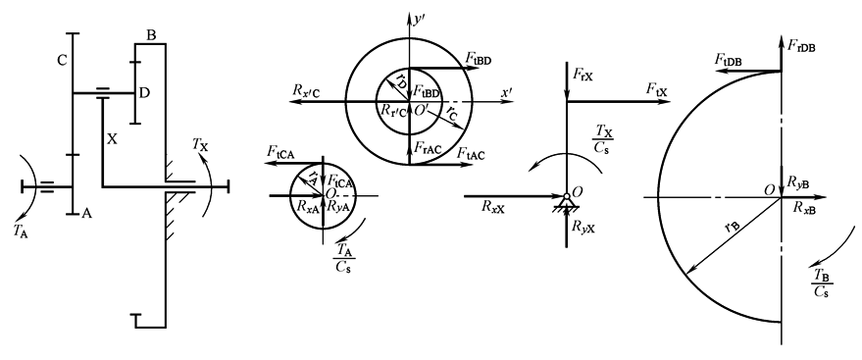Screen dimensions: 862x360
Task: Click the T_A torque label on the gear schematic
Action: click(x=22, y=231)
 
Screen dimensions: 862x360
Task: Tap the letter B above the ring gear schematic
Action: click(x=151, y=35)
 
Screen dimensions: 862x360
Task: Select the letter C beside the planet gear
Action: click(x=62, y=61)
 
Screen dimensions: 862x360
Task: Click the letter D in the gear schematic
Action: click(x=144, y=93)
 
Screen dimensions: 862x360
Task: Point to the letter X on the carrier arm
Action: click(x=112, y=139)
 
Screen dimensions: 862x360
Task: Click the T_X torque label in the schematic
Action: click(x=200, y=144)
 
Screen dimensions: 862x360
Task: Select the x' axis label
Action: click(x=507, y=93)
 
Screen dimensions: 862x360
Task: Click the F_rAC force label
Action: click(x=428, y=147)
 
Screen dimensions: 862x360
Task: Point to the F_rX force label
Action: click(x=583, y=76)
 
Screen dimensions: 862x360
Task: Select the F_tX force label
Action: click(x=657, y=89)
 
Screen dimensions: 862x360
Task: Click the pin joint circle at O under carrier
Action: click(x=566, y=196)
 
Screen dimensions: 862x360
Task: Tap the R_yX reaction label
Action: click(x=583, y=227)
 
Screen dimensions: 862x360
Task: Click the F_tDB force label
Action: click(x=729, y=60)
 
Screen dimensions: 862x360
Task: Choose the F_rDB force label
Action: click(x=801, y=46)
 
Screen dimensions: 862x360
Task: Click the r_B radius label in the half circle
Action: click(x=730, y=227)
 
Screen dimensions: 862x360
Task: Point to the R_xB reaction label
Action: click(x=804, y=207)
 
